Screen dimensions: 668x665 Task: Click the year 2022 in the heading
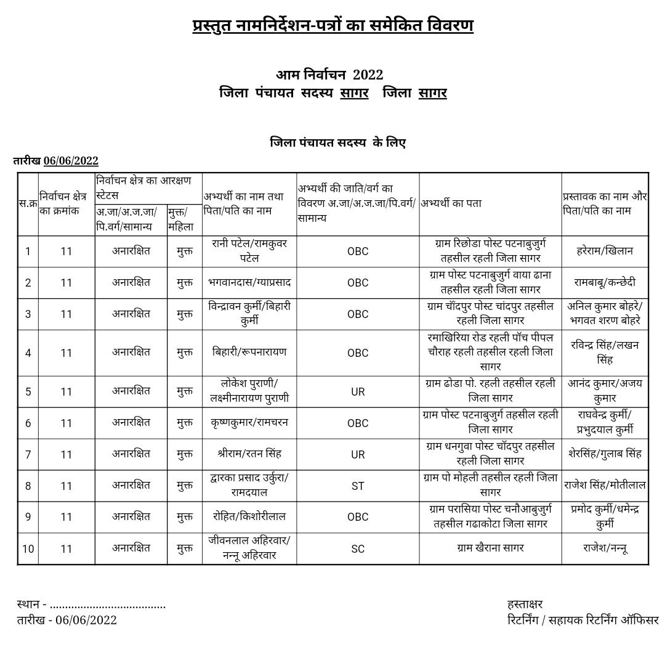coord(368,75)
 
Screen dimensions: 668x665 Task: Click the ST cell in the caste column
coord(358,486)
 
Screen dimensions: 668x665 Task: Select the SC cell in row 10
coord(358,549)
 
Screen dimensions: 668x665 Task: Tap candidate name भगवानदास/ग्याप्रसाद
coord(249,282)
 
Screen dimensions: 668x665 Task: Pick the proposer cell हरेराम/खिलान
coord(605,251)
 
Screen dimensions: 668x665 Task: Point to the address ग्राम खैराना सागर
coord(490,548)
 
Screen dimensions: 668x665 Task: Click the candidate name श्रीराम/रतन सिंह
coord(249,454)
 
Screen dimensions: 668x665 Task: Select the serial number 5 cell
coord(28,392)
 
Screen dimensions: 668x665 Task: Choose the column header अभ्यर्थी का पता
coord(451,203)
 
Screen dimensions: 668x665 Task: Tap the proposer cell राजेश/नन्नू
coord(605,548)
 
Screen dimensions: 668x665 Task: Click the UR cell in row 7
coord(358,455)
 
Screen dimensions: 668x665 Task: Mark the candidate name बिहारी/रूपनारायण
coord(249,352)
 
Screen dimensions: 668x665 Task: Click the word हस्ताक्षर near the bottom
coord(525,604)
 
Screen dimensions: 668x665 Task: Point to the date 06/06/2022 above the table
coord(71,161)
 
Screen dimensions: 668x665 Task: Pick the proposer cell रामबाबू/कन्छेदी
coord(605,282)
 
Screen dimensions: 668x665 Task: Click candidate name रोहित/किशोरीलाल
coord(249,516)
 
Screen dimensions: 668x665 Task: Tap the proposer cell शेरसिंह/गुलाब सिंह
coord(605,454)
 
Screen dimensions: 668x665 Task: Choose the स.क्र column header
coord(28,203)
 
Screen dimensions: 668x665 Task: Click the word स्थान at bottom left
coord(28,604)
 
